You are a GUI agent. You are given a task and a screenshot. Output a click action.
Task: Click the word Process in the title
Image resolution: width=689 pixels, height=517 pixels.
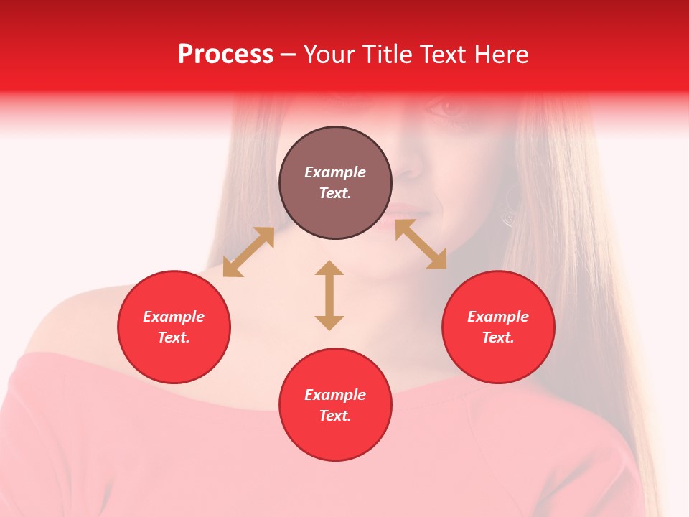(225, 55)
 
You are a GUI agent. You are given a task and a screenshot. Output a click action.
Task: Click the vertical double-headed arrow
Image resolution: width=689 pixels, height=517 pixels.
(329, 295)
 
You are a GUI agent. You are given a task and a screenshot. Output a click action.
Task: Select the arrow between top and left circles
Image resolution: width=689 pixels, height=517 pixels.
(248, 252)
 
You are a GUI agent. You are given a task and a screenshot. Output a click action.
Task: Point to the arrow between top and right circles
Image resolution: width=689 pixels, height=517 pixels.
(421, 244)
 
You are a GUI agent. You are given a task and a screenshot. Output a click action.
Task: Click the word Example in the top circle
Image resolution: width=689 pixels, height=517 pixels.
(335, 172)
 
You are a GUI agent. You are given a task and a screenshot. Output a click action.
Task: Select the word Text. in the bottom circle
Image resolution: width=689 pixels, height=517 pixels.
(335, 416)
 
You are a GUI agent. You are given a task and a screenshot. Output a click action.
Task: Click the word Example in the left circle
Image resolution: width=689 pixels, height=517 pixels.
(174, 317)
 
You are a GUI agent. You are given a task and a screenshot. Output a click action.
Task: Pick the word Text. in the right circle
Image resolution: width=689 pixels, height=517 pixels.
(498, 337)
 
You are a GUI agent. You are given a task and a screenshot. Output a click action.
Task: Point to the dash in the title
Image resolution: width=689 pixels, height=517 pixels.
(288, 55)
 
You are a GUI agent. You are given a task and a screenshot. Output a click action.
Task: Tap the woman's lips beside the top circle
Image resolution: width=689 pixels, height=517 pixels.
(406, 215)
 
